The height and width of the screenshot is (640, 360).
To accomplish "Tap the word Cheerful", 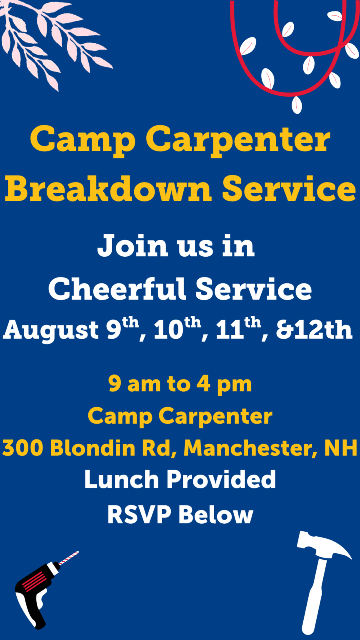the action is (117, 289).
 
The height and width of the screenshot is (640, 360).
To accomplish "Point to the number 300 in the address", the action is (22, 447).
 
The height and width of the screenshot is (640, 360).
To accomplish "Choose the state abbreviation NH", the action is (341, 447).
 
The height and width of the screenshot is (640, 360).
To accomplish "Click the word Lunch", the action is (121, 479).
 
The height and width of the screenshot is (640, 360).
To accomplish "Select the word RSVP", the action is (139, 515).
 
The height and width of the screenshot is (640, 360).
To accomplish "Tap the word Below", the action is (216, 515).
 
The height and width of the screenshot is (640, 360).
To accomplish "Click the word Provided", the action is (221, 479).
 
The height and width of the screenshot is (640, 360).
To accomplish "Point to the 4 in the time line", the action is (203, 384).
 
